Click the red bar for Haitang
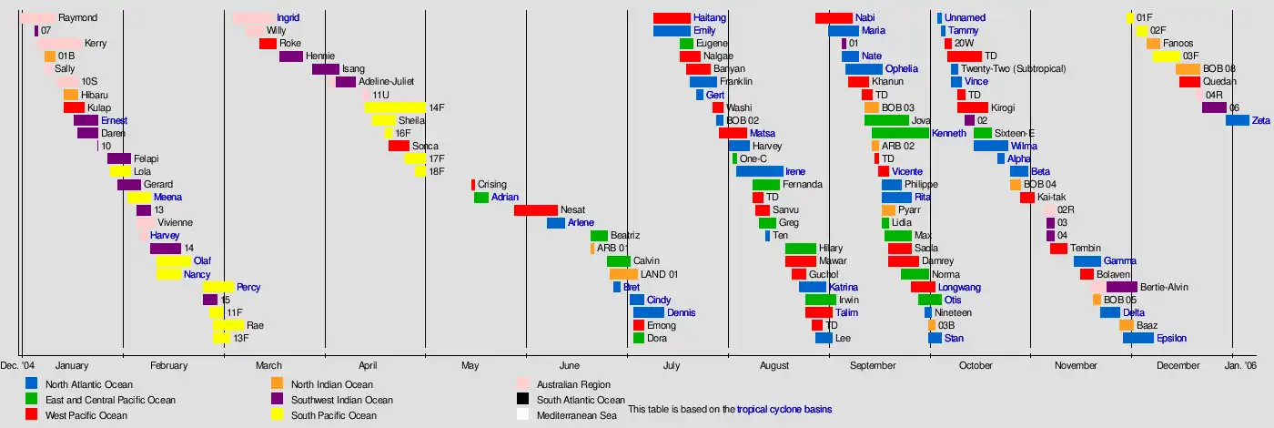click(672, 18)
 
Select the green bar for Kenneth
click(900, 133)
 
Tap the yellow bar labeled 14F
click(395, 107)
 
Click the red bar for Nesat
click(535, 210)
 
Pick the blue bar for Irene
click(759, 171)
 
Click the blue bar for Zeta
click(1237, 120)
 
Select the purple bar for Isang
click(325, 69)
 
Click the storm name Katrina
click(844, 287)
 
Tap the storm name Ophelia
click(901, 69)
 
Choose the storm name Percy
click(248, 287)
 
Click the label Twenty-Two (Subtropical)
click(1013, 69)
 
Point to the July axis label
click(671, 366)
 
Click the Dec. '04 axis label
click(17, 366)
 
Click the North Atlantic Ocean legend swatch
click(32, 384)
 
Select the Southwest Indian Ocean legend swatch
click(278, 400)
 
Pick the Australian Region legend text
click(573, 384)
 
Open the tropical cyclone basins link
click(784, 410)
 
